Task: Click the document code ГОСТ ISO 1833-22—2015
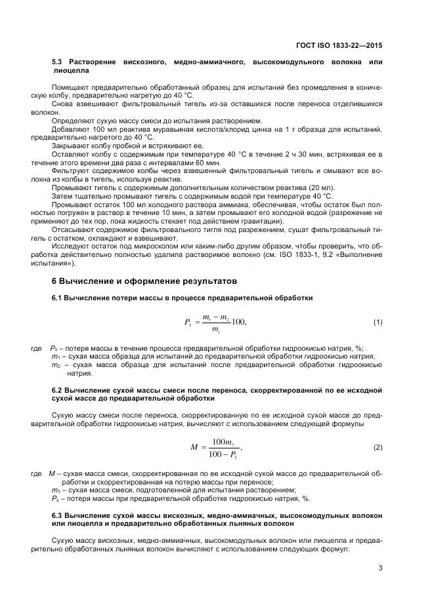340,47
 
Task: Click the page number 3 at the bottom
380,568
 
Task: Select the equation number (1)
378,322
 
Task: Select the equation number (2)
378,447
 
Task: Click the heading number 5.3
58,62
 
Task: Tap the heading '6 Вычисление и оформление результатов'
136,281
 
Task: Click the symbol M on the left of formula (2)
194,447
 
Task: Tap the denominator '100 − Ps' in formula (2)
222,454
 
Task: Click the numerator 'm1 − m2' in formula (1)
215,317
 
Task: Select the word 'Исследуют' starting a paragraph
69,247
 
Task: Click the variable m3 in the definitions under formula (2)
56,490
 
